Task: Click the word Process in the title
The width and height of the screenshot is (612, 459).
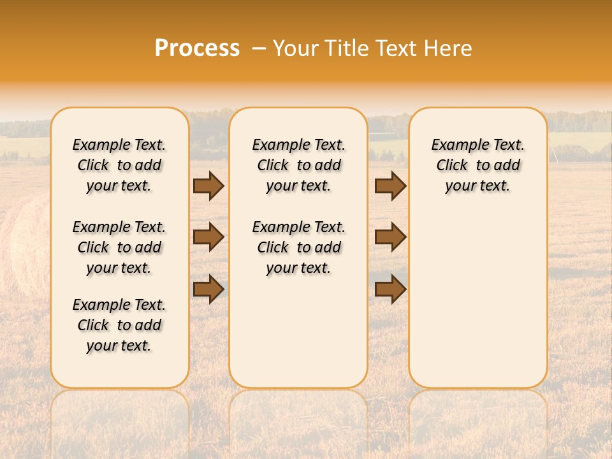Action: [197, 48]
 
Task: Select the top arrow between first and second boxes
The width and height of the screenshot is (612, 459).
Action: [208, 186]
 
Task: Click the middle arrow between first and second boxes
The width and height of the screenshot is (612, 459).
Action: [208, 237]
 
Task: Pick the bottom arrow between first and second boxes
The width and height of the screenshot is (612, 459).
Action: [208, 289]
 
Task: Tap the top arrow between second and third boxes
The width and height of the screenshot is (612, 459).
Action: [390, 186]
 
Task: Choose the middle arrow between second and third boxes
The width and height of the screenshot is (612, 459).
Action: [390, 237]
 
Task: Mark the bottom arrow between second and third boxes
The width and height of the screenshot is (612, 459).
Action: [390, 289]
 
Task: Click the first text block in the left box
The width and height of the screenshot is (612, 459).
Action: [119, 165]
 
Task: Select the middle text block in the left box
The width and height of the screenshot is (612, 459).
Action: [119, 247]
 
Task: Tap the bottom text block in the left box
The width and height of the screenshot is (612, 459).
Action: [119, 325]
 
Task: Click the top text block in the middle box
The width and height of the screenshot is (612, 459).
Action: [298, 165]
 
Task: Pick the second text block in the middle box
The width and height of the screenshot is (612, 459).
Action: [298, 247]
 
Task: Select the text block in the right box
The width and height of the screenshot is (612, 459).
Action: [477, 165]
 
